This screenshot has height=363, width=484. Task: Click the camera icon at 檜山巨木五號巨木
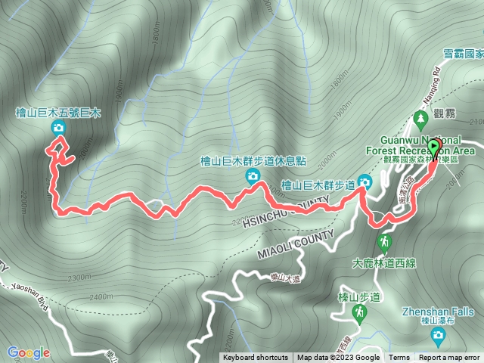pos(58,129)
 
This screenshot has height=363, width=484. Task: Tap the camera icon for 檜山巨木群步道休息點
pos(252,176)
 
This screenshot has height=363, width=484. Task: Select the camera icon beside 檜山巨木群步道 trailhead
pos(365,182)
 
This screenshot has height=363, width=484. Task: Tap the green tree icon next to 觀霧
pos(420,118)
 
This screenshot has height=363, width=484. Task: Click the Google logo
pos(29,352)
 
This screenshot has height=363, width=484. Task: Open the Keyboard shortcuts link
pos(255,358)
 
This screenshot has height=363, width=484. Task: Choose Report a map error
pos(450,358)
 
